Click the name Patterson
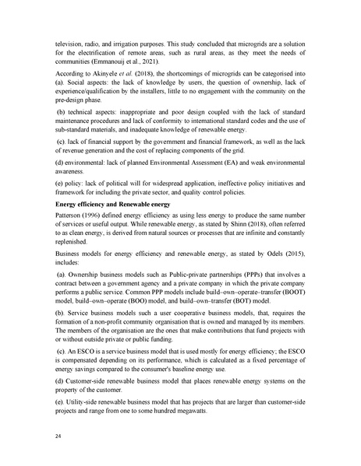click(72, 236)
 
